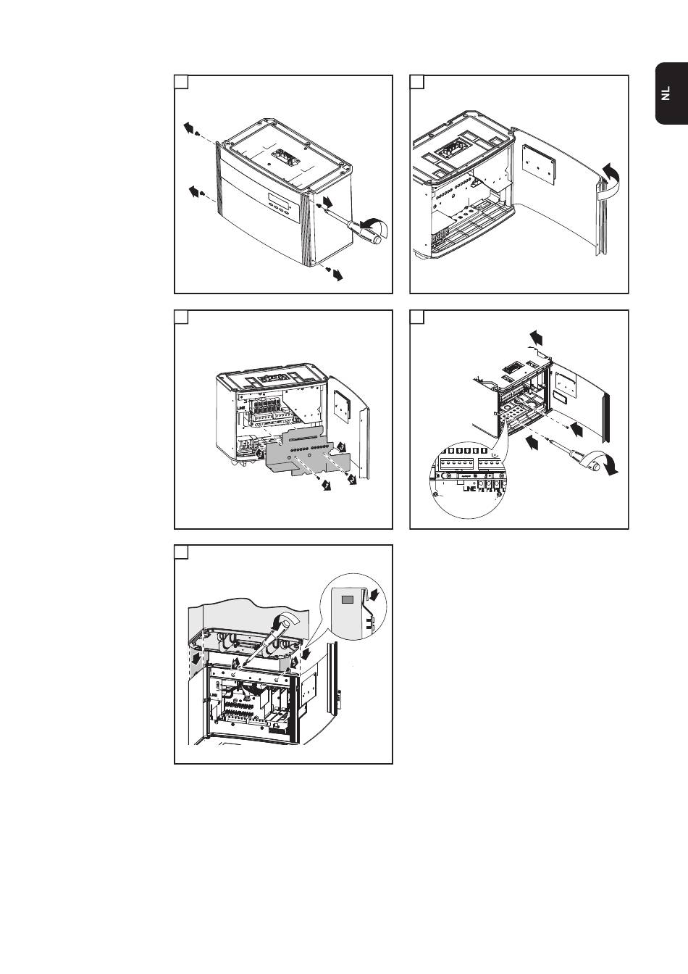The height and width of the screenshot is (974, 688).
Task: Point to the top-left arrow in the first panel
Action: [x=190, y=128]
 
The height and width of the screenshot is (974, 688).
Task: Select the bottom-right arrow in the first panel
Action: [x=336, y=275]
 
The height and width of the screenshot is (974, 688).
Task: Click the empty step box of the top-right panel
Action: [x=417, y=82]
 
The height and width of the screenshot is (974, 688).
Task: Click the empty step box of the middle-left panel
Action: [x=182, y=317]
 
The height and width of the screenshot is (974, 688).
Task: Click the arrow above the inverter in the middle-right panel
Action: [x=537, y=336]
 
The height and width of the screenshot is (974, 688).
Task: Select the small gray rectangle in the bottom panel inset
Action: [x=348, y=599]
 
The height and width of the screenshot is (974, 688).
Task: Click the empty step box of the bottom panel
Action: [x=182, y=552]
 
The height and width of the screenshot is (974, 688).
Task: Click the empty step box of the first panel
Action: [x=182, y=82]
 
